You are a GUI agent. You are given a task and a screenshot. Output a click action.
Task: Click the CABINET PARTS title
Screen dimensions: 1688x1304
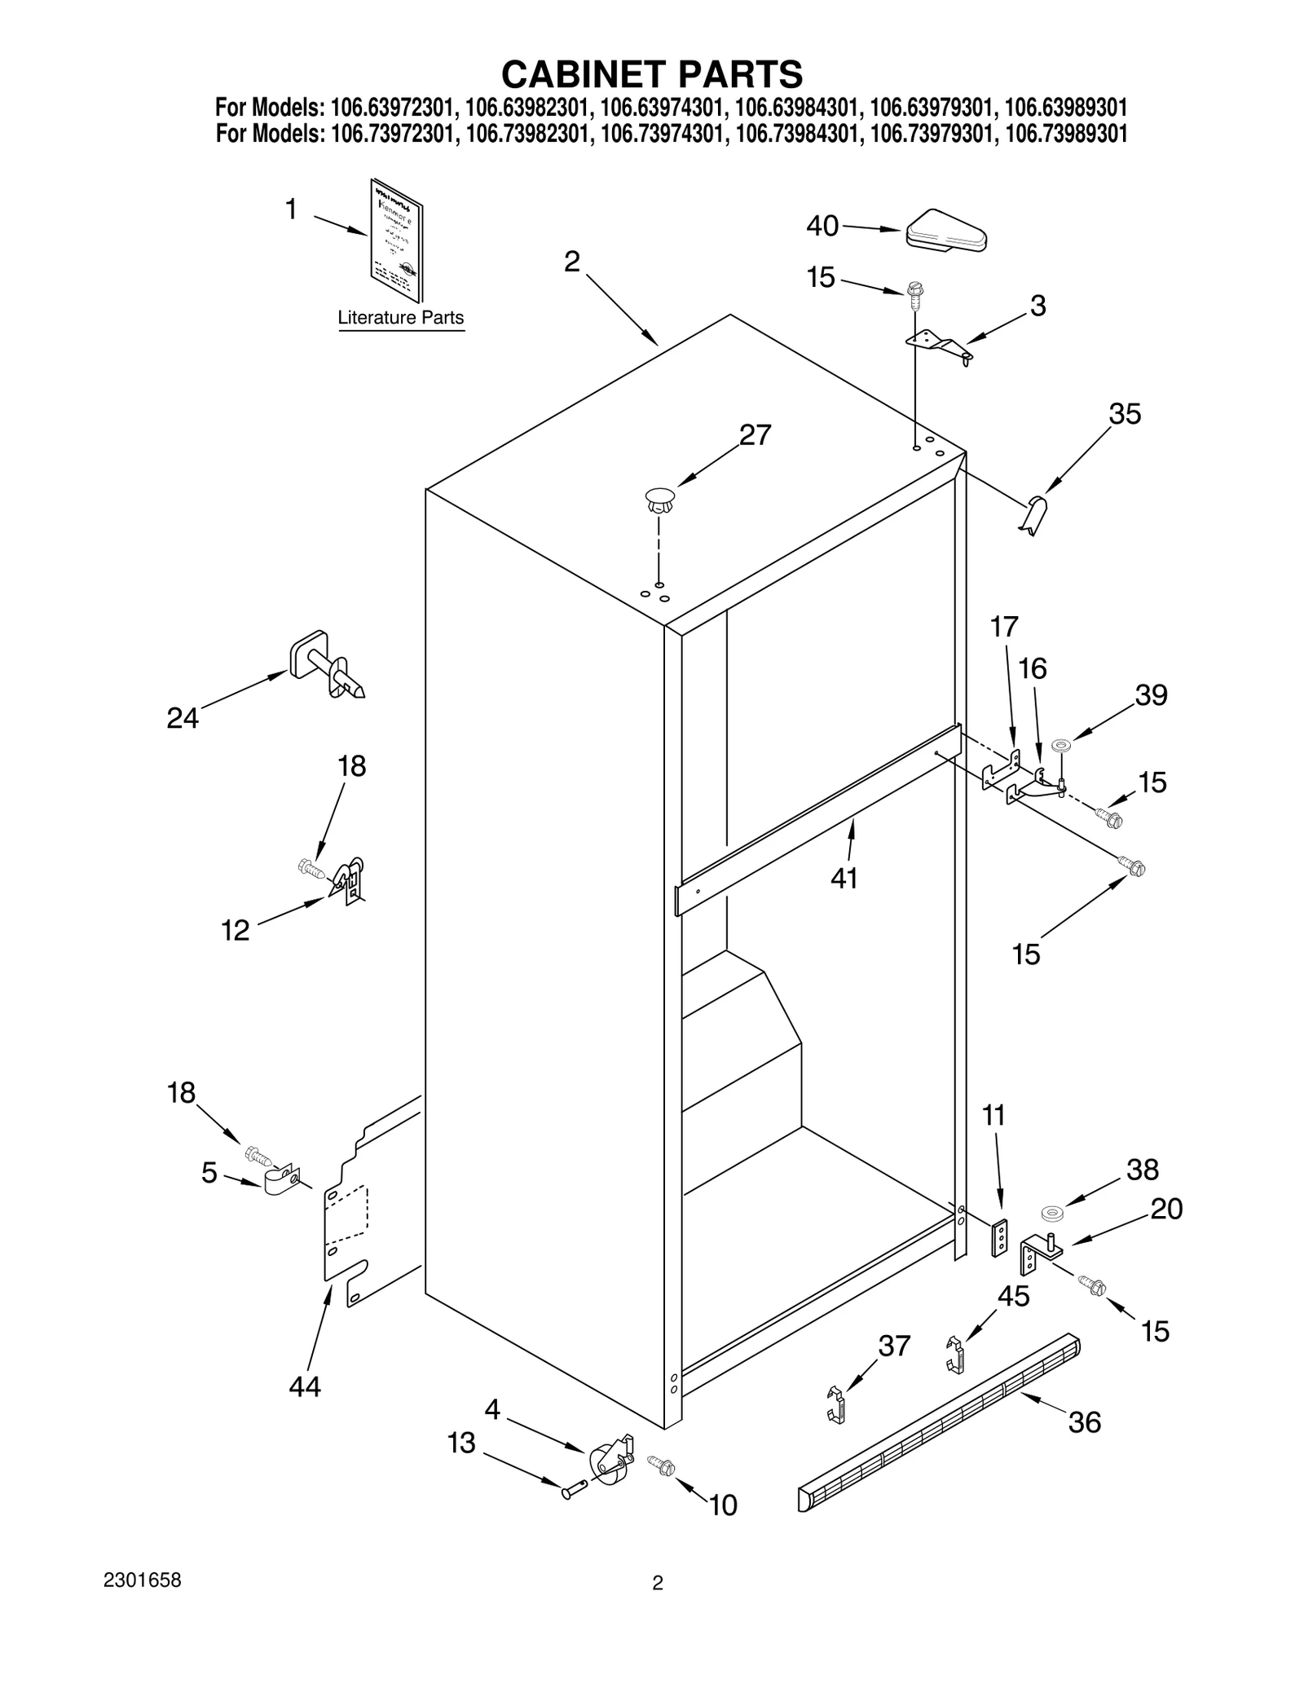point(651,74)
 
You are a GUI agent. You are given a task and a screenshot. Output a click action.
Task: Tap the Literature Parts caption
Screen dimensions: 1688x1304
point(400,318)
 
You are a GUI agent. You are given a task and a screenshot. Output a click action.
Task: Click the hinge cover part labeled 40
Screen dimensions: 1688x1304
point(945,231)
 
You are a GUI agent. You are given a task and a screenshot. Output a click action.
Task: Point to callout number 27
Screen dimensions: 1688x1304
point(755,435)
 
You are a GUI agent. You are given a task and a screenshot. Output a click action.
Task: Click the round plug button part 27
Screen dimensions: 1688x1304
point(660,498)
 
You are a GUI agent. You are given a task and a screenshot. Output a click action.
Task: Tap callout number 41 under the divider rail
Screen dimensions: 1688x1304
point(844,878)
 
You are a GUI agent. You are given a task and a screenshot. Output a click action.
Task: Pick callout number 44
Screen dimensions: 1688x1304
point(305,1386)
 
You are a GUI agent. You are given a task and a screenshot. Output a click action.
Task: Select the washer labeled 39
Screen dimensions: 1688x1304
point(1061,745)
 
